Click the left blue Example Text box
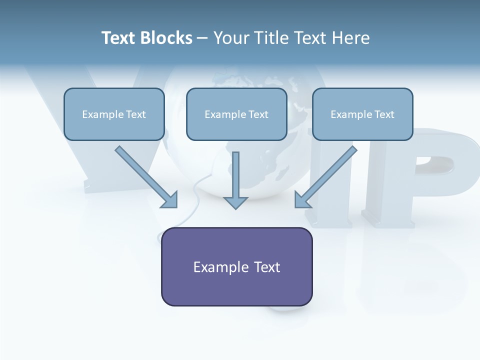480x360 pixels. point(114,114)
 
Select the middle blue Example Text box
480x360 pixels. point(236,114)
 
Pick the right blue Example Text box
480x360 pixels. point(362,114)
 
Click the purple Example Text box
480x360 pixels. point(236,266)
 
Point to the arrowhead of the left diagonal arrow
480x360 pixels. point(170,200)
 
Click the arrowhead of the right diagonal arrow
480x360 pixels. point(302,200)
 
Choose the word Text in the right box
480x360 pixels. point(384,114)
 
